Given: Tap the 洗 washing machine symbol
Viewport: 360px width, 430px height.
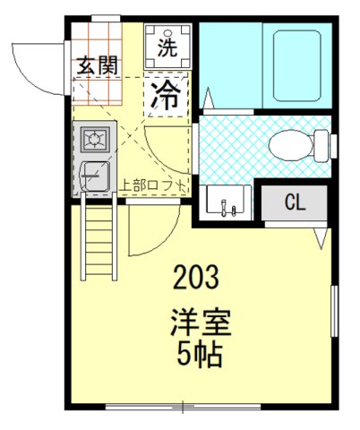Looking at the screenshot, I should point(167,43).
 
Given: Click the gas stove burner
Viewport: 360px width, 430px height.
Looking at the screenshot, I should point(92,139).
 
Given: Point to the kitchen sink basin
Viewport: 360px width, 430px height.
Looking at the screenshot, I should point(93,175).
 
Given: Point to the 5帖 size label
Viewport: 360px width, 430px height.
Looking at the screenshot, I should point(199,355).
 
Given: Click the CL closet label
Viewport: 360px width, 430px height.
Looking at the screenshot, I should point(294,202).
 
